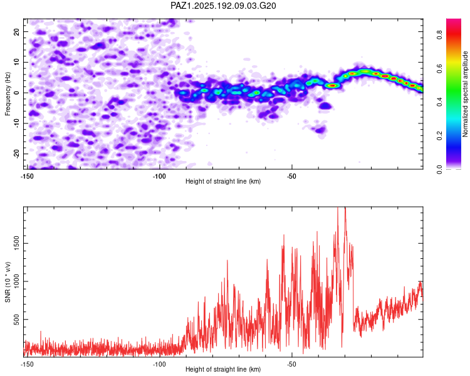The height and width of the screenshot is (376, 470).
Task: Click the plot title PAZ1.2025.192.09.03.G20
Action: pos(223,6)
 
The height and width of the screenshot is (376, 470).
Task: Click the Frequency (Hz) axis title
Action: pos(8,94)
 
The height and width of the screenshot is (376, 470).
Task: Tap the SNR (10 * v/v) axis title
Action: pos(8,282)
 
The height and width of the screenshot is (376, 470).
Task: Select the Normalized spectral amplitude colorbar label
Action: pos(465,94)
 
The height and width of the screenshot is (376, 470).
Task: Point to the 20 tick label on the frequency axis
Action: pos(17,31)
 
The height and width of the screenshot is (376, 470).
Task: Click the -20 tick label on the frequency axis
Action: pos(17,154)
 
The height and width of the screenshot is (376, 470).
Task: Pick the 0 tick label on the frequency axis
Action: pos(17,93)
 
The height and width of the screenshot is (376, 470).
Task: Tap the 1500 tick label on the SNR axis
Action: pos(17,244)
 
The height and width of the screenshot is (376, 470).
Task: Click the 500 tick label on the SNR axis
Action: pos(17,320)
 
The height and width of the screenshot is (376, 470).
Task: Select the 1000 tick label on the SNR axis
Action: pos(17,281)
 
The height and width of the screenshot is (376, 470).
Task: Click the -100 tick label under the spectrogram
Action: pos(159,176)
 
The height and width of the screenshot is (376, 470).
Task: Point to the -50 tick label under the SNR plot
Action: pos(291,364)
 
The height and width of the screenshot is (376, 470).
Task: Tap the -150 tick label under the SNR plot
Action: pos(27,364)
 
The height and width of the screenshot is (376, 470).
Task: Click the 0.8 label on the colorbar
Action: pos(439,35)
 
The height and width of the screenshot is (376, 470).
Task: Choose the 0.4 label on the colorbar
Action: pos(439,102)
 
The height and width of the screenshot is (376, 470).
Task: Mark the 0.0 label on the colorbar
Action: pos(439,169)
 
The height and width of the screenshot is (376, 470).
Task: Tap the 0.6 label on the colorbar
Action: pos(439,69)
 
